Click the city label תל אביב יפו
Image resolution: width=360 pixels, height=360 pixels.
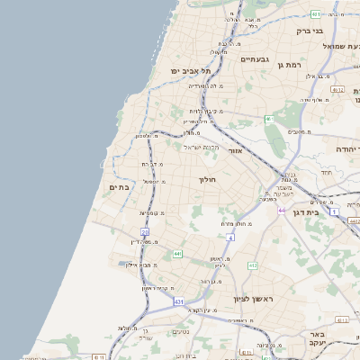coord(192,69)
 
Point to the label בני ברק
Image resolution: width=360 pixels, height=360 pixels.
coord(310,31)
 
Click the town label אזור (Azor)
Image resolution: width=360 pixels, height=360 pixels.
coord(237,151)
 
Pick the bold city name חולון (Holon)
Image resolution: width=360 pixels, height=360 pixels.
coord(208,180)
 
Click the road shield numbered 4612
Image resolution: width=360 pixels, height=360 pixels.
coord(338,90)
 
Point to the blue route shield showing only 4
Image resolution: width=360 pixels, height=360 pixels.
coord(230,237)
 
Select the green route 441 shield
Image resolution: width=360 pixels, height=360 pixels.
coord(177,255)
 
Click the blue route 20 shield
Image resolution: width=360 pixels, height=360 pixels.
coord(145,232)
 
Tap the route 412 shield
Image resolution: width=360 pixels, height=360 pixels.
coord(252,265)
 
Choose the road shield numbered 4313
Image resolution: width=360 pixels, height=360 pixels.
coord(341,320)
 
